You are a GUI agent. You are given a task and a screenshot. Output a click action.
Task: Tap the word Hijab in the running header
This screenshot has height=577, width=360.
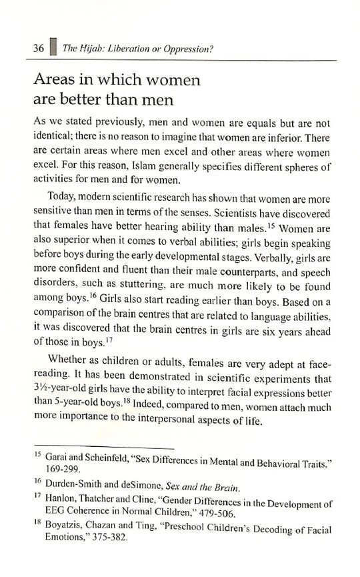click(x=89, y=49)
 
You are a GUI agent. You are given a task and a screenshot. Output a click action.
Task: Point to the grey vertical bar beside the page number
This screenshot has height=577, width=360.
click(x=51, y=48)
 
